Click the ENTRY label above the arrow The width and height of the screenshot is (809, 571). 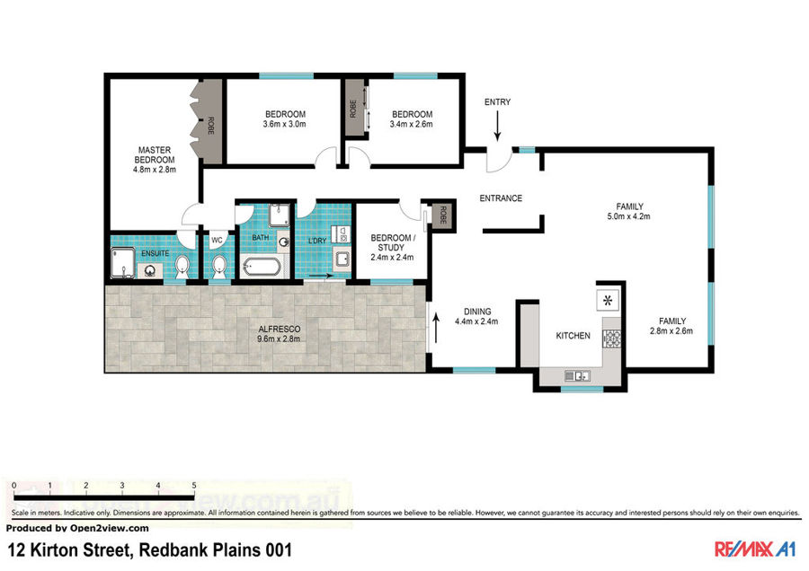tap(497, 102)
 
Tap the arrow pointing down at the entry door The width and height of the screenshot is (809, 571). tap(497, 126)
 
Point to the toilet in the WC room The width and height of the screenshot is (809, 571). tap(219, 268)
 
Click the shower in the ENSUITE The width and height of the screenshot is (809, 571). tap(123, 263)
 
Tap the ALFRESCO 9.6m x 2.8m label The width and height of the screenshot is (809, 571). tap(279, 334)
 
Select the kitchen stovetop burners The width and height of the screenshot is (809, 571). tap(612, 338)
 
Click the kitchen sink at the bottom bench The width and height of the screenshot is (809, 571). tap(577, 376)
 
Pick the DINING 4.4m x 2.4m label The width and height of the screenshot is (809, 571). tap(476, 316)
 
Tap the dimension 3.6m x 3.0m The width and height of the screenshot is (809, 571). tap(284, 124)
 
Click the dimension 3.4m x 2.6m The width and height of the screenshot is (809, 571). tap(411, 124)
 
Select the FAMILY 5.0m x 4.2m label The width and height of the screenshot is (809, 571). tap(629, 211)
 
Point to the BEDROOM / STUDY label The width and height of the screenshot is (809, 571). tap(393, 242)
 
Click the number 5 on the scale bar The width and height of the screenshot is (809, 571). tap(194, 486)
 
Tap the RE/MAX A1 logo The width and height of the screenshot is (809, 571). tap(755, 549)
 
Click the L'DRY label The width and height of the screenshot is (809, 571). tap(317, 241)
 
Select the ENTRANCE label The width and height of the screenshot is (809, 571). tap(501, 198)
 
